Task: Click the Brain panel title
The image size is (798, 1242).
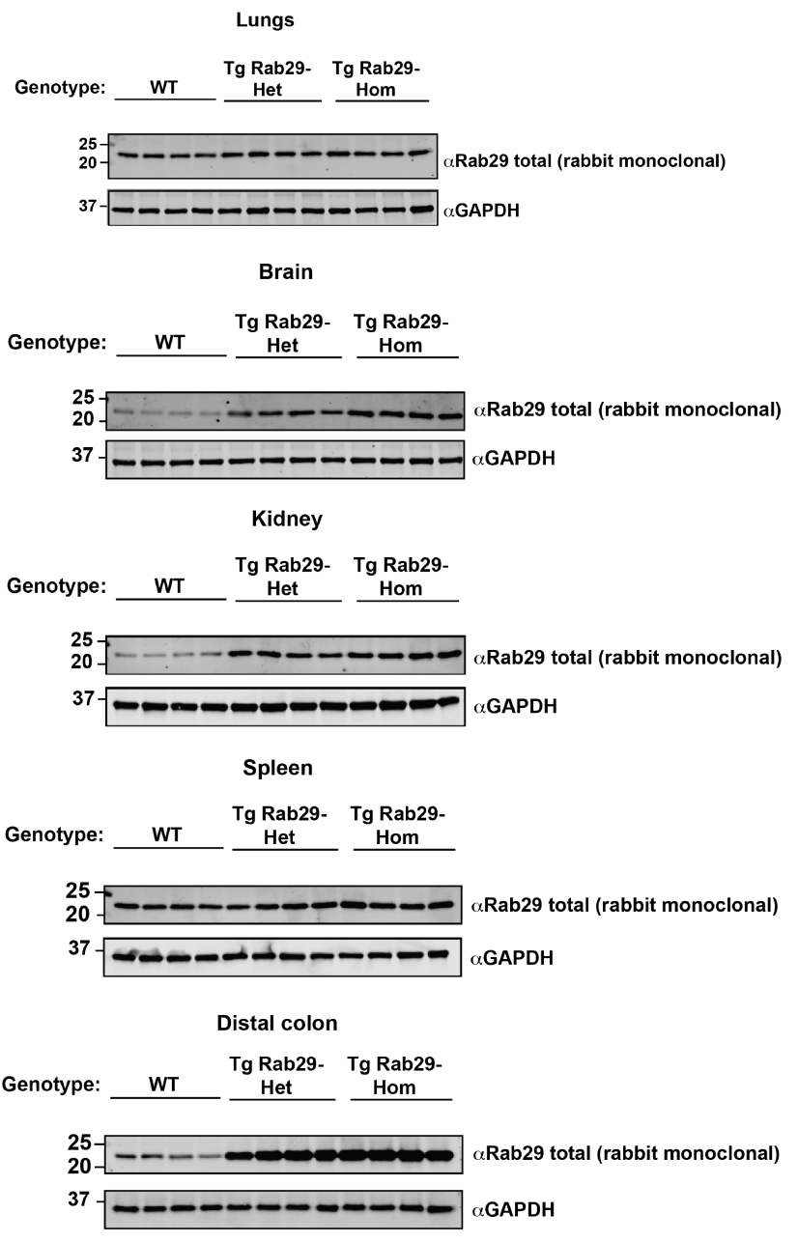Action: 286,272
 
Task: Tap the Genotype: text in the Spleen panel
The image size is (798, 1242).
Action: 54,835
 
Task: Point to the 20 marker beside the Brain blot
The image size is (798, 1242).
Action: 85,419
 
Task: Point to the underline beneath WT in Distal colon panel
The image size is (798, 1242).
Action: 165,1098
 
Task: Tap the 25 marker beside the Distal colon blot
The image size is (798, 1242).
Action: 83,1141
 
